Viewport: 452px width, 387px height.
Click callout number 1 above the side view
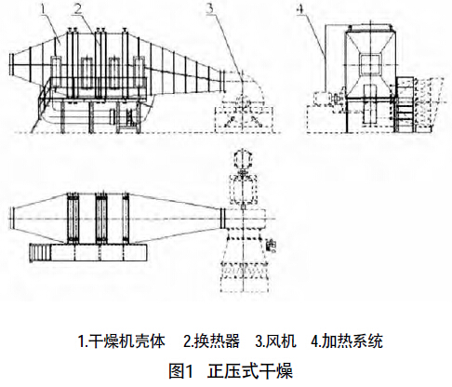pyautogui.click(x=44, y=10)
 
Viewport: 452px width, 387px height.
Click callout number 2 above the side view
pyautogui.click(x=77, y=9)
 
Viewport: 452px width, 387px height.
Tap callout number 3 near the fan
pyautogui.click(x=210, y=8)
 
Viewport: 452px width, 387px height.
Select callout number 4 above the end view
pyautogui.click(x=299, y=9)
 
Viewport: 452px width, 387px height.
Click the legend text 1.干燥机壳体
pyautogui.click(x=122, y=341)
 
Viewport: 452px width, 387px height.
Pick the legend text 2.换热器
pyautogui.click(x=211, y=341)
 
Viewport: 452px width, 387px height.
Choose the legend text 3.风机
pyautogui.click(x=275, y=341)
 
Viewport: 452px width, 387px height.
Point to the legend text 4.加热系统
pyautogui.click(x=347, y=341)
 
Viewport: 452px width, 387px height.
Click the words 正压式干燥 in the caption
pyautogui.click(x=250, y=370)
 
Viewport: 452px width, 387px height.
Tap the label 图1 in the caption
pyautogui.click(x=181, y=370)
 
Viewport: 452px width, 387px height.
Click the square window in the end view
pyautogui.click(x=370, y=64)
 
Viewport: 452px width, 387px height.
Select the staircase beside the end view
pyautogui.click(x=405, y=104)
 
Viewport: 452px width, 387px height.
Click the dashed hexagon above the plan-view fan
pyautogui.click(x=244, y=159)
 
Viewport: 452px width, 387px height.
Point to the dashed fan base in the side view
pyautogui.click(x=244, y=119)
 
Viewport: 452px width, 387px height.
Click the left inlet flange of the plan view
pyautogui.click(x=11, y=219)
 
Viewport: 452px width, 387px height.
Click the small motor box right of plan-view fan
pyautogui.click(x=271, y=246)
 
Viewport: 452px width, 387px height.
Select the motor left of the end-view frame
pyautogui.click(x=323, y=100)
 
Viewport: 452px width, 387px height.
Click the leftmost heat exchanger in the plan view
pyautogui.click(x=73, y=219)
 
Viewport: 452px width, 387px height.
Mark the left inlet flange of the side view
pyautogui.click(x=11, y=64)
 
